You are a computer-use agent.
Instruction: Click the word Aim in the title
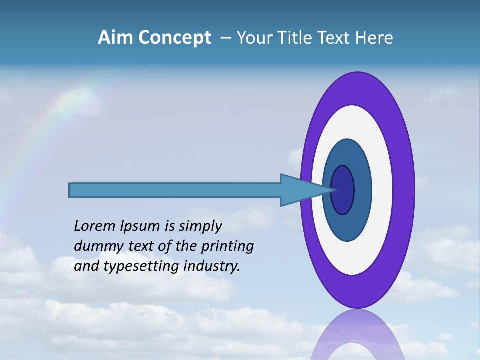click(x=114, y=38)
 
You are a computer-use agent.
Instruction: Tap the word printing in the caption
click(x=227, y=246)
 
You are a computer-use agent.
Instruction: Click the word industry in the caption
click(x=212, y=266)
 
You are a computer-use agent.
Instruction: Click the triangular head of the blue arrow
click(x=300, y=190)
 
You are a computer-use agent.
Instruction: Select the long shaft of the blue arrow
click(x=175, y=190)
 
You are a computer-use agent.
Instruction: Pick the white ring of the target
click(x=355, y=120)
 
